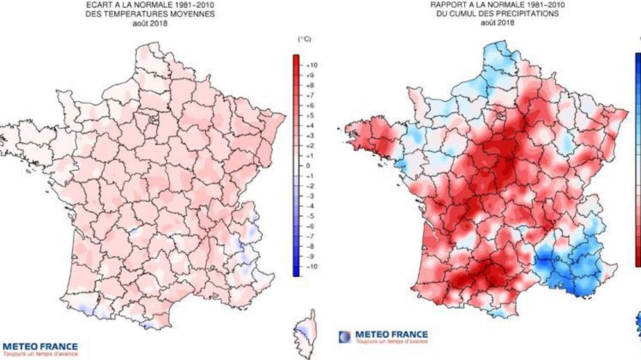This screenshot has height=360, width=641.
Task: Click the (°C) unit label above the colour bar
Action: (x=304, y=40)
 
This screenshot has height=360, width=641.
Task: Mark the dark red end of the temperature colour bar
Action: (x=296, y=59)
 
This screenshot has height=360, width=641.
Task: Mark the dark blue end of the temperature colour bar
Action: (x=296, y=272)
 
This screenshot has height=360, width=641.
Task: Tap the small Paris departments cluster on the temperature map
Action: (x=153, y=119)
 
